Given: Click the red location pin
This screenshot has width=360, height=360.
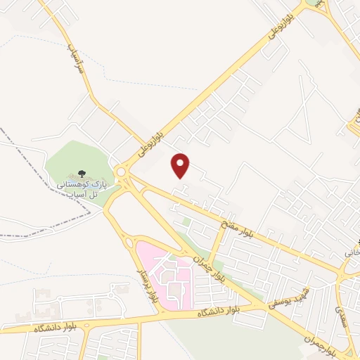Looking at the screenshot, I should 181,165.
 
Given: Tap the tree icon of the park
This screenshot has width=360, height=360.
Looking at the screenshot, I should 82,173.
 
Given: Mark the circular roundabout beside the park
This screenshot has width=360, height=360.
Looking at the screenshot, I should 123,171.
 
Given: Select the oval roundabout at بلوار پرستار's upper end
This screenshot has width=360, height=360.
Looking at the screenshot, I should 129,243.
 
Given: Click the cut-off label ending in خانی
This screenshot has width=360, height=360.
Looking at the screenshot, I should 351,251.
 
